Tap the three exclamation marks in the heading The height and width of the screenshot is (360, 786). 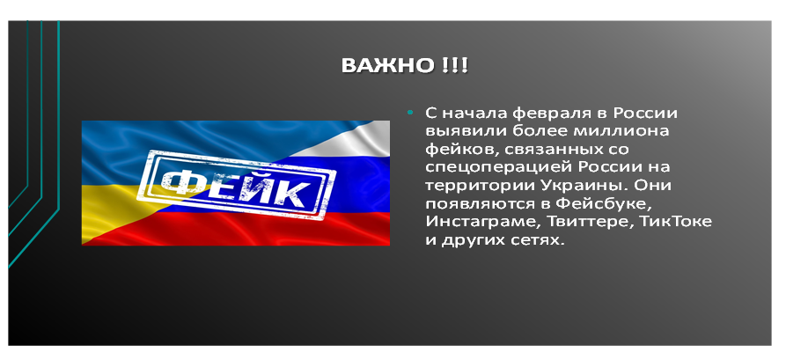(455, 66)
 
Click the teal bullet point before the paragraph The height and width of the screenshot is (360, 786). (410, 113)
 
